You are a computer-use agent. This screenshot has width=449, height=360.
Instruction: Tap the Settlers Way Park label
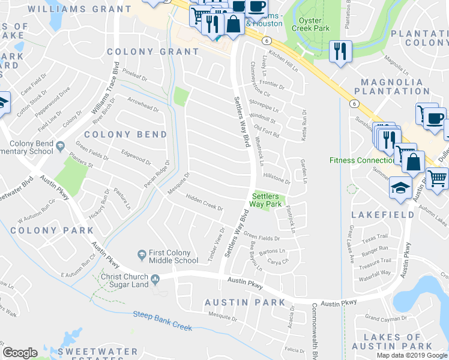tap(267, 200)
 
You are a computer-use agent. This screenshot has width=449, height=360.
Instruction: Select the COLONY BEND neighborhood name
tap(125, 134)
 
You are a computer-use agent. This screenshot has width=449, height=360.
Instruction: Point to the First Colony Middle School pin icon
tap(142, 255)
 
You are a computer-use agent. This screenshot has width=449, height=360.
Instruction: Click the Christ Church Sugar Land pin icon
tap(155, 278)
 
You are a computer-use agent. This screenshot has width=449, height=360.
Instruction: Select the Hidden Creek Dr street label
tap(204, 204)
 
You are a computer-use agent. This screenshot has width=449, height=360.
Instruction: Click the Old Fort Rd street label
tap(267, 131)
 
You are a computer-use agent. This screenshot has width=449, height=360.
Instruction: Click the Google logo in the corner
tap(20, 353)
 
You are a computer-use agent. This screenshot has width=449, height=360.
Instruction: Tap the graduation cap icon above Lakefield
tap(400, 187)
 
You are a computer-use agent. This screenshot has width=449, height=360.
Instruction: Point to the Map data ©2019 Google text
tap(411, 355)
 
